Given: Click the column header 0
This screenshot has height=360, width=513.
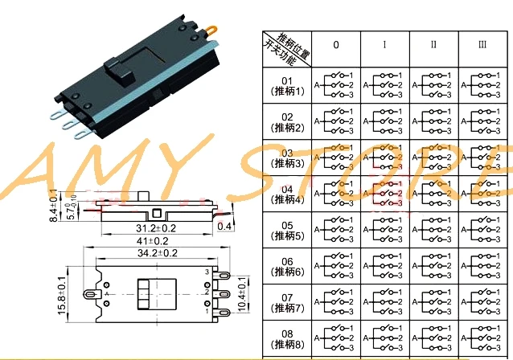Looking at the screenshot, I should (335, 45).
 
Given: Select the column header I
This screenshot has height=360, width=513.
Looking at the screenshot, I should (384, 45).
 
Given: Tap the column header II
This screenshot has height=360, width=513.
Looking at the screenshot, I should (433, 45).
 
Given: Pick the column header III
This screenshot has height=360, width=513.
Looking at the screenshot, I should (482, 45).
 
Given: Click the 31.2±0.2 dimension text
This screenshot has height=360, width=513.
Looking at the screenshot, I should (152, 228).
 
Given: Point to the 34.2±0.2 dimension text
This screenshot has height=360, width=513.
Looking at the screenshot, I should (152, 254).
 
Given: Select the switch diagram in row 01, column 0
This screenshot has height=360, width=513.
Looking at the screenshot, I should (335, 86).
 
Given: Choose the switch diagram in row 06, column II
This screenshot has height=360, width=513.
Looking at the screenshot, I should (433, 267).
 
